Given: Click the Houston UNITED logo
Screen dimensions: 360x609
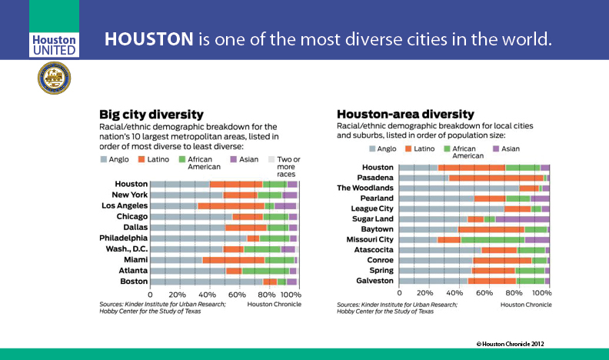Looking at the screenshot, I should tap(54, 44).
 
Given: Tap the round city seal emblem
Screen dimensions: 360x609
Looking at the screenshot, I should tap(54, 78).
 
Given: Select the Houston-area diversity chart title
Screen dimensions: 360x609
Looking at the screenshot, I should tap(405, 114).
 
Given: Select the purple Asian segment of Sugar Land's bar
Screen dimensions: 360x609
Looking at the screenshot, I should tap(522, 218).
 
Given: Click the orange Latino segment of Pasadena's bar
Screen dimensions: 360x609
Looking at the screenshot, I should tap(496, 178).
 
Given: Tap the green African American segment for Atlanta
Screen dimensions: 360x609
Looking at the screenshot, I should tap(266, 271).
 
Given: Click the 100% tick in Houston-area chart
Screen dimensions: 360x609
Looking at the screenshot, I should tap(544, 293).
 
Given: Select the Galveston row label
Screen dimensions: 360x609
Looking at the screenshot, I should tap(374, 281).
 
